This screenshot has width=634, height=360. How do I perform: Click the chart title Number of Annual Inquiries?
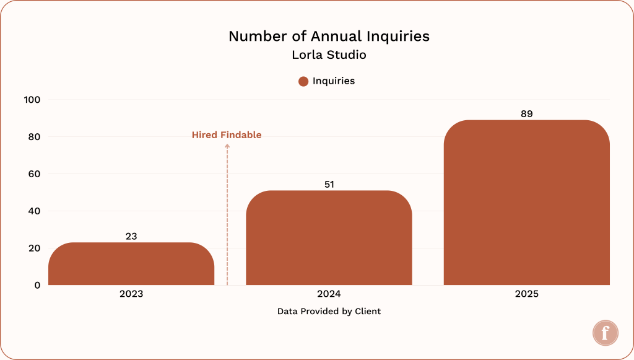329,36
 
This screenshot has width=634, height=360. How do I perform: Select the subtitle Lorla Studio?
329,55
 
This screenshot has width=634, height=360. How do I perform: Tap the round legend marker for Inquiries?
303,81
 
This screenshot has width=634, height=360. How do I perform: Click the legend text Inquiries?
333,81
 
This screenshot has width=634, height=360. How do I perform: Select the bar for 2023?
131,265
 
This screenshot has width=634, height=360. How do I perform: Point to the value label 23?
131,236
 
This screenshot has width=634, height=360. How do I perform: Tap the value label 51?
329,184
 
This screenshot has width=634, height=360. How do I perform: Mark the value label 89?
526,113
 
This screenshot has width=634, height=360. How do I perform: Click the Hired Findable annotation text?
227,134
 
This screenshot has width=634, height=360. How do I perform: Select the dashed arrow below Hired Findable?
227,214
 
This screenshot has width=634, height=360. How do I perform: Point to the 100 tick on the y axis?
32,100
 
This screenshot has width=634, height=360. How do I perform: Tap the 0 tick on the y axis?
37,285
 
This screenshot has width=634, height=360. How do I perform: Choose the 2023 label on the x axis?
131,294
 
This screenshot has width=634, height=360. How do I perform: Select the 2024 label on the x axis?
329,294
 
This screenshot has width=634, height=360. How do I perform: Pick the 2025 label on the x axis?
526,294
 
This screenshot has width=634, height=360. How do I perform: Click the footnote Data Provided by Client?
329,311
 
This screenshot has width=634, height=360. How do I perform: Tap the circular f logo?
604,333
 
